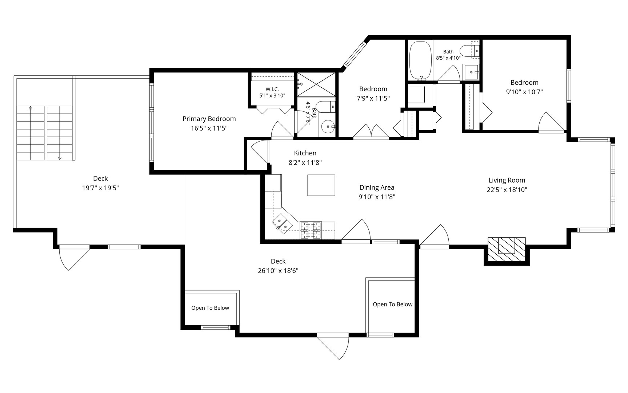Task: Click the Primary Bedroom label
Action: point(209,119)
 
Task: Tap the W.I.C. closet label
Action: point(272,89)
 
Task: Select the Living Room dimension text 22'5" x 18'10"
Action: point(507,190)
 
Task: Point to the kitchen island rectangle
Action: point(321,185)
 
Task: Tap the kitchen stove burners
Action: point(311,230)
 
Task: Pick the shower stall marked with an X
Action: point(316,84)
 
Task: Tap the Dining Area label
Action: point(377,187)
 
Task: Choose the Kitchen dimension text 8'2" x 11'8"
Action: point(305,163)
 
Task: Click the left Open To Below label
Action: point(210,308)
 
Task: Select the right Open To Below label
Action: point(392,304)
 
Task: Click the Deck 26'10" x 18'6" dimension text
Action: point(278,271)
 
